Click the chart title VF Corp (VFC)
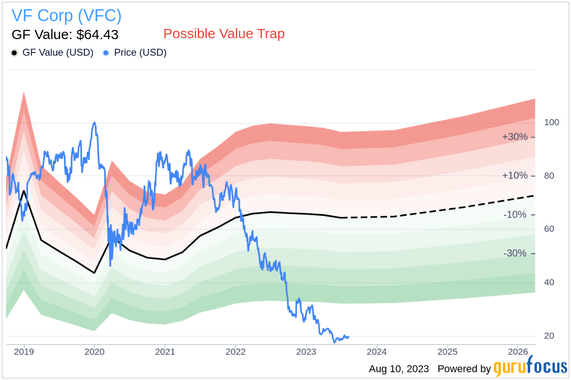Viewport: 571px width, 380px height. [67, 16]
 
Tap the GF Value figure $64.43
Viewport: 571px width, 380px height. [97, 35]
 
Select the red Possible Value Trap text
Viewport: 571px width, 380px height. [224, 34]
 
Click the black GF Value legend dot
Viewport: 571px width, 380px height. [14, 53]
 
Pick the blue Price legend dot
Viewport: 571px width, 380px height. [106, 53]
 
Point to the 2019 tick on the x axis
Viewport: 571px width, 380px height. [23, 352]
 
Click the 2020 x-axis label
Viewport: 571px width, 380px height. [94, 352]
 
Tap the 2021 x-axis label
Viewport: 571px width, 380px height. [165, 352]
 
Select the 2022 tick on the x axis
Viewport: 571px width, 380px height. [235, 352]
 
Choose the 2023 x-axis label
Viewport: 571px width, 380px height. [306, 352]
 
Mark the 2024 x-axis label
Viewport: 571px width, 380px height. [377, 352]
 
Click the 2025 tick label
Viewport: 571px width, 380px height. [447, 352]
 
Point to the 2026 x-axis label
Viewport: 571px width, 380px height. [518, 352]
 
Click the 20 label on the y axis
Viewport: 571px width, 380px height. [549, 336]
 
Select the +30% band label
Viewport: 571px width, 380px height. [514, 137]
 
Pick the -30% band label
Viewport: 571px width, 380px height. [515, 253]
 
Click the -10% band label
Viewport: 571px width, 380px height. [515, 215]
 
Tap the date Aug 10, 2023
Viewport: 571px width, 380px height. [399, 369]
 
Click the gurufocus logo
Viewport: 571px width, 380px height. [530, 367]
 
